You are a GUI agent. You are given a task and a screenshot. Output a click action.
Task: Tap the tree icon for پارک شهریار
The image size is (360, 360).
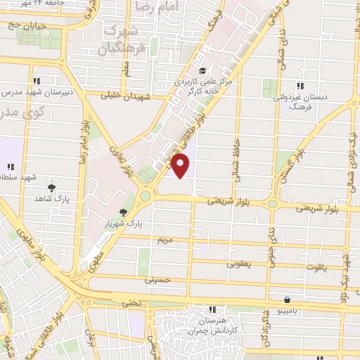pos(124,212)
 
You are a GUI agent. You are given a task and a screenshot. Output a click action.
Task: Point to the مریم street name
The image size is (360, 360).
pos(164,240)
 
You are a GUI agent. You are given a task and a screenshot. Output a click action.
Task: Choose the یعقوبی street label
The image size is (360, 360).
pos(236,265)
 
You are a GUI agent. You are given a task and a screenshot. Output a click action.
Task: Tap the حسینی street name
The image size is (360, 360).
pos(157,280)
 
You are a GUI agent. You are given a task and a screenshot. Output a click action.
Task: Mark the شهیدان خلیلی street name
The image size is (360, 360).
pos(127,96)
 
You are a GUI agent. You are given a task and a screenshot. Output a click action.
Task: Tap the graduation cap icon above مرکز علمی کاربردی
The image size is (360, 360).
pos(202,70)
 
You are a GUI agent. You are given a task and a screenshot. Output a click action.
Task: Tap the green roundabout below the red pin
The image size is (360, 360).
pos(146,195)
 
